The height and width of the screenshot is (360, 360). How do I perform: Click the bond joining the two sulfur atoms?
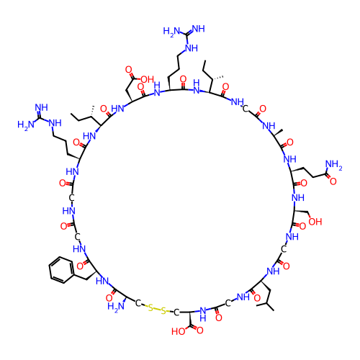point(157,310)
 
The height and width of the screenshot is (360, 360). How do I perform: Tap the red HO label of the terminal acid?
point(179,331)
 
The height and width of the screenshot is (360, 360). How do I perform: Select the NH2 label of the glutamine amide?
point(333,165)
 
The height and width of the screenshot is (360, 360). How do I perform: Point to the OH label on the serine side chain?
point(315,222)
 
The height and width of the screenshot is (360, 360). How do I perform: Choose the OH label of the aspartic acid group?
point(147,79)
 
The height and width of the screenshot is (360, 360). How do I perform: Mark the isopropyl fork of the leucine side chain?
point(266,304)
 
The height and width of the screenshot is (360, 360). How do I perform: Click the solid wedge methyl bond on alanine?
point(278,132)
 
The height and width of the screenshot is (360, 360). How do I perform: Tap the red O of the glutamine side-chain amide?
point(333,181)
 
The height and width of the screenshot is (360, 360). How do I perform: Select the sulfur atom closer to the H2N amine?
point(150,308)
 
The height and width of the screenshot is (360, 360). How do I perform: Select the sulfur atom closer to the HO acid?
point(163,311)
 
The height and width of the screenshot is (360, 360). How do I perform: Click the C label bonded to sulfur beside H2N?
point(138,303)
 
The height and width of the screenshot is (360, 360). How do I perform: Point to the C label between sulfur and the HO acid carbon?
point(176,312)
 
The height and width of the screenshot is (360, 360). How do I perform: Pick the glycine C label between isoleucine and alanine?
point(245,109)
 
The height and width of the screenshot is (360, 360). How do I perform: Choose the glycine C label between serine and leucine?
point(284,249)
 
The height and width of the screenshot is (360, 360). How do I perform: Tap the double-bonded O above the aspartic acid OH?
point(129,70)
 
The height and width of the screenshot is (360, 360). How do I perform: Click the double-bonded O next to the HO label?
point(200,330)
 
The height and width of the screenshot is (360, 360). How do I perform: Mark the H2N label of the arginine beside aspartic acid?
point(171,32)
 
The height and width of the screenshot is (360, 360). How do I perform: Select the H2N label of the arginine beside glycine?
point(26,125)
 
